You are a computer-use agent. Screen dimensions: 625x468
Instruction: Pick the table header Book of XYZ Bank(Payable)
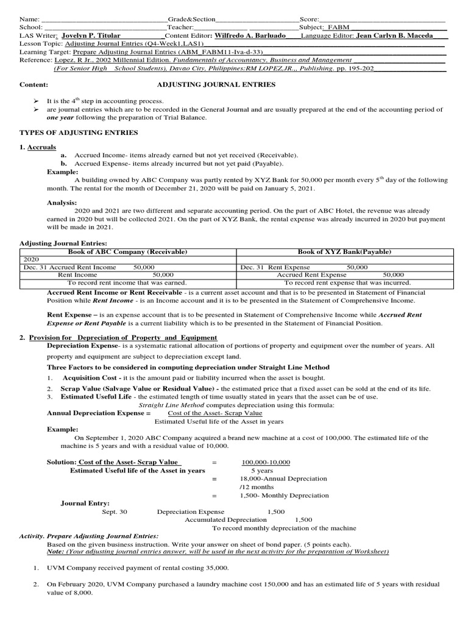344,251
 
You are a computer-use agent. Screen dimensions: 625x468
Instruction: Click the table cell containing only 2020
30,259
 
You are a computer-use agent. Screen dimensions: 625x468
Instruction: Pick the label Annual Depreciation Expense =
99,413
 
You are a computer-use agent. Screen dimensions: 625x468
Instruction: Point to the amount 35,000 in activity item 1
215,568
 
